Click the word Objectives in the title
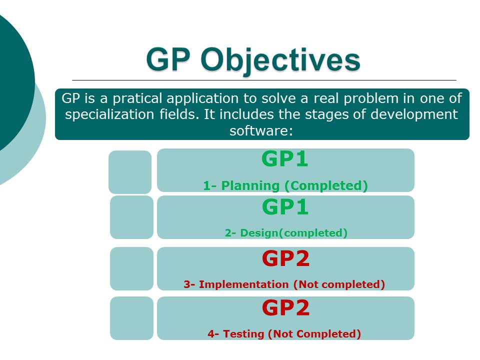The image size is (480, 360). coord(280,60)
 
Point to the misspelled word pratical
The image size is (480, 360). coord(137,98)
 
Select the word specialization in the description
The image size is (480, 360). coord(109,114)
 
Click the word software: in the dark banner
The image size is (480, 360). coord(261,130)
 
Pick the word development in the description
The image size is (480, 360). coord(414,114)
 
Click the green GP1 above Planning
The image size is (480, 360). coord(284,159)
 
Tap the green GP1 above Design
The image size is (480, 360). coord(285,207)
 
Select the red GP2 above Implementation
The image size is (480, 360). coord(285,258)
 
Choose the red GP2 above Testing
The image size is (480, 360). coord(285,307)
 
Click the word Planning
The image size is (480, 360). coord(250,185)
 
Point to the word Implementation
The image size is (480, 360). coord(243,284)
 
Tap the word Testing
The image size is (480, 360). coord(243,333)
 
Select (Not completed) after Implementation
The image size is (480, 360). coord(339,284)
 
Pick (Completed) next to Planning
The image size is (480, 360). coord(326,186)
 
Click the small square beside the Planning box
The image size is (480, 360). coord(130,172)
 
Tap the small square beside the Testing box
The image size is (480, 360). coord(131,318)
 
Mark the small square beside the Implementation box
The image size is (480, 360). coord(131,268)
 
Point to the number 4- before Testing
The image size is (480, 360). coord(213,333)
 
